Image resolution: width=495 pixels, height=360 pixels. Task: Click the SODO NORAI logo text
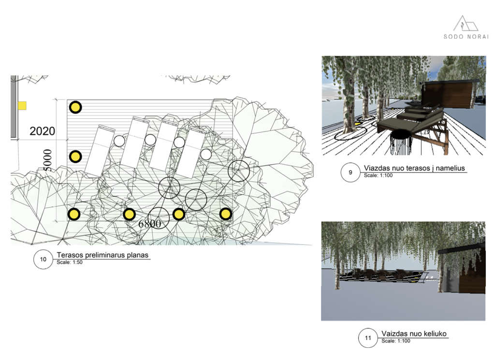coord(466,37)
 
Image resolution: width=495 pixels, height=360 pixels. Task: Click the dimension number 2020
coord(43,131)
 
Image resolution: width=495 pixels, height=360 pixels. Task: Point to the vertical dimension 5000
coord(47,160)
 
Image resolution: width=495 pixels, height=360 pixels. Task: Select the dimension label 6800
coord(150,224)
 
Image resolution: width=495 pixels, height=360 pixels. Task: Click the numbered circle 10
coord(43,259)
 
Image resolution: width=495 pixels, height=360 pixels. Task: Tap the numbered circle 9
coord(350,173)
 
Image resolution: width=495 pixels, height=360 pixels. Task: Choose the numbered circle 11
coord(368,338)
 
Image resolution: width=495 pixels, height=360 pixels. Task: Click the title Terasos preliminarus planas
coord(102,255)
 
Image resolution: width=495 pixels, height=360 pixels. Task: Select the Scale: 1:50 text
coord(70,262)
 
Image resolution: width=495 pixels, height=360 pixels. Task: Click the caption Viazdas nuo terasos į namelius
coord(414,168)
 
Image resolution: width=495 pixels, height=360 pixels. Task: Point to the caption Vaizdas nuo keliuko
coord(414,333)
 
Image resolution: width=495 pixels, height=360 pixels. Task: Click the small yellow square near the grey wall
coord(22,105)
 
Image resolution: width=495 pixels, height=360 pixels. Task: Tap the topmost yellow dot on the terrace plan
coord(75,107)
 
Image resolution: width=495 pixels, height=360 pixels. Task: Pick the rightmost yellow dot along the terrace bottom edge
coord(225,214)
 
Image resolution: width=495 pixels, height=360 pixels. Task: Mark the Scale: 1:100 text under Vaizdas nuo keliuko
coord(395,341)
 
